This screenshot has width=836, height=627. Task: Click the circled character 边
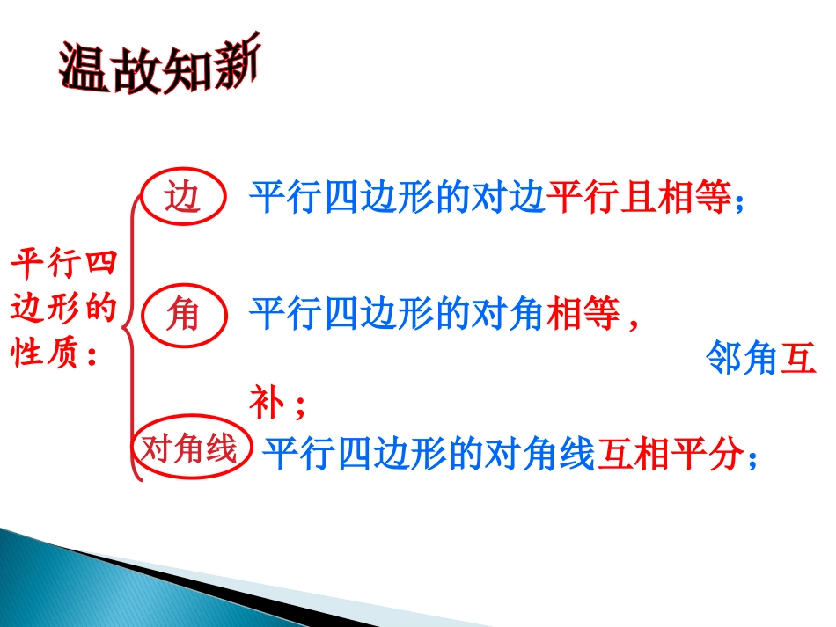[183, 199]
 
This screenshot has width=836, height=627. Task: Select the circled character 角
[183, 314]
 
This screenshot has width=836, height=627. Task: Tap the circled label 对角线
[190, 449]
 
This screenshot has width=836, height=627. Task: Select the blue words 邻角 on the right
[743, 361]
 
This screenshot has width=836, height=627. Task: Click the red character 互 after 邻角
[799, 361]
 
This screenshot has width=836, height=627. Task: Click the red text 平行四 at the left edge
[63, 265]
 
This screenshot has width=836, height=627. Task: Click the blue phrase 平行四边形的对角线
[429, 456]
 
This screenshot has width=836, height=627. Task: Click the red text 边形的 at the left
[63, 310]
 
